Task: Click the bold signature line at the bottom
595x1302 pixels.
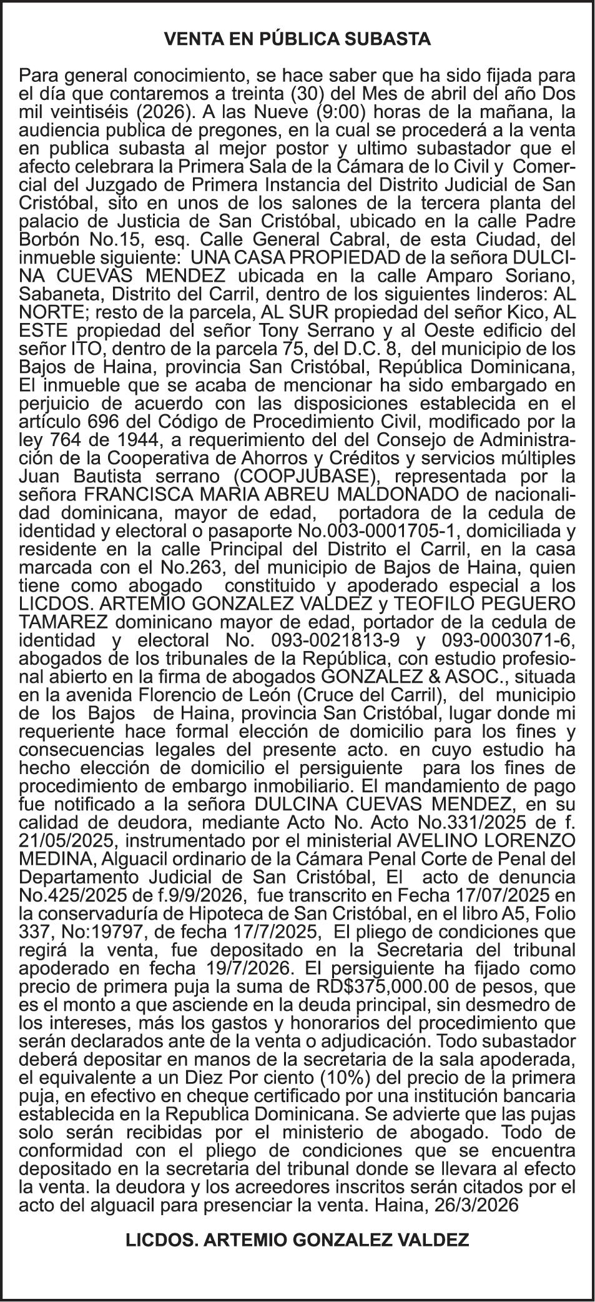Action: pos(297,1240)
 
